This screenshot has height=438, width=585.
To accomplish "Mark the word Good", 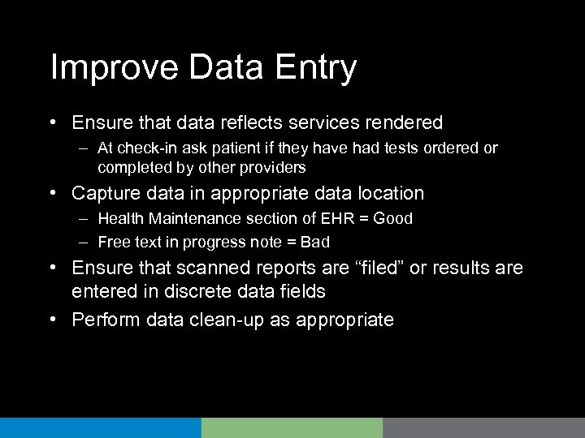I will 393,218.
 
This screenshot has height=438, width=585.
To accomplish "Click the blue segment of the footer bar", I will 100,427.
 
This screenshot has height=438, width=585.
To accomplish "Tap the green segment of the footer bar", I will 292,427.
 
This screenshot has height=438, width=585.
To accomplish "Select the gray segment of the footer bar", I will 483,427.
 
